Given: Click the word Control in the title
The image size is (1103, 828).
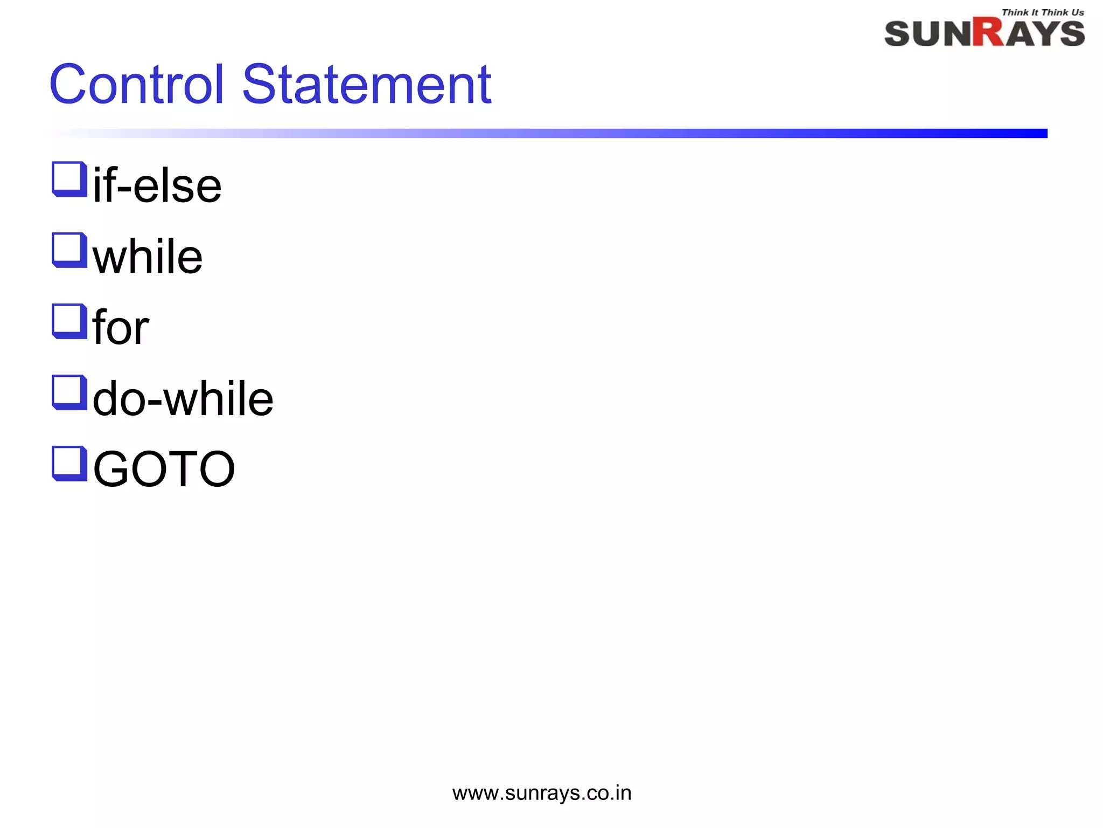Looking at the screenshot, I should (x=136, y=85).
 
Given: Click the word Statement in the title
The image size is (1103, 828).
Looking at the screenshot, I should (x=366, y=85).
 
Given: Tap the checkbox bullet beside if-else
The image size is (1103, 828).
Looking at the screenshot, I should (x=69, y=179).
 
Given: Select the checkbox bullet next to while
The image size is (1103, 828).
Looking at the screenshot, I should (x=69, y=250).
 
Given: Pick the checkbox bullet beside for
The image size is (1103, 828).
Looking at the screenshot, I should (x=69, y=321).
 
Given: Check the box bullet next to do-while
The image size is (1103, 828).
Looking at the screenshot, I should (x=69, y=392).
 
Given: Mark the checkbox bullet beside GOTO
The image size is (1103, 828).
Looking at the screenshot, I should (x=69, y=464).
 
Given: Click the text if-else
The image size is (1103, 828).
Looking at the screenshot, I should (x=157, y=185).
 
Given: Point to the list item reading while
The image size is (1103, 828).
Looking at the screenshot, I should (x=148, y=257).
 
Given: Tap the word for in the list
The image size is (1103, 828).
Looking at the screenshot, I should (x=121, y=327).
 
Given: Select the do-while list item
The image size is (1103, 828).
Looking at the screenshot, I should (x=183, y=398).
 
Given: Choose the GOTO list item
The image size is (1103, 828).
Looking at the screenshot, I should (x=164, y=469).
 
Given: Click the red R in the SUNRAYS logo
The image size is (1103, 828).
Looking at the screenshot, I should (x=989, y=32).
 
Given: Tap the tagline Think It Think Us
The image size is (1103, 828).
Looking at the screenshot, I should (x=1043, y=12).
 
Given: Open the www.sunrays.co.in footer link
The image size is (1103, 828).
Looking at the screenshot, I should (x=542, y=793).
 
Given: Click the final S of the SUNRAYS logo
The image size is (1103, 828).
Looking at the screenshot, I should (x=1071, y=34).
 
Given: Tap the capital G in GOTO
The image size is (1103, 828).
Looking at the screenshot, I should (x=113, y=469).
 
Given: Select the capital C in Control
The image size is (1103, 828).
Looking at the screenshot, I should (x=68, y=85).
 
